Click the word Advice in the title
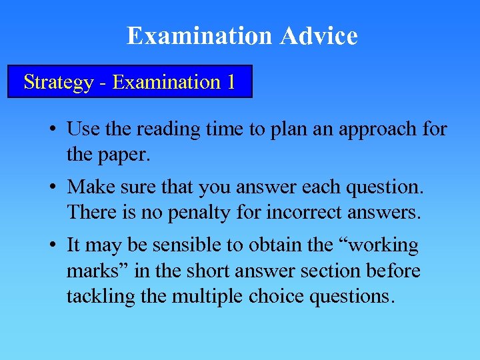pos(319,36)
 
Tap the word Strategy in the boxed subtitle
pos(59,82)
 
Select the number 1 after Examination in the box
pos(230,82)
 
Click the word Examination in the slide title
pos(201,36)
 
